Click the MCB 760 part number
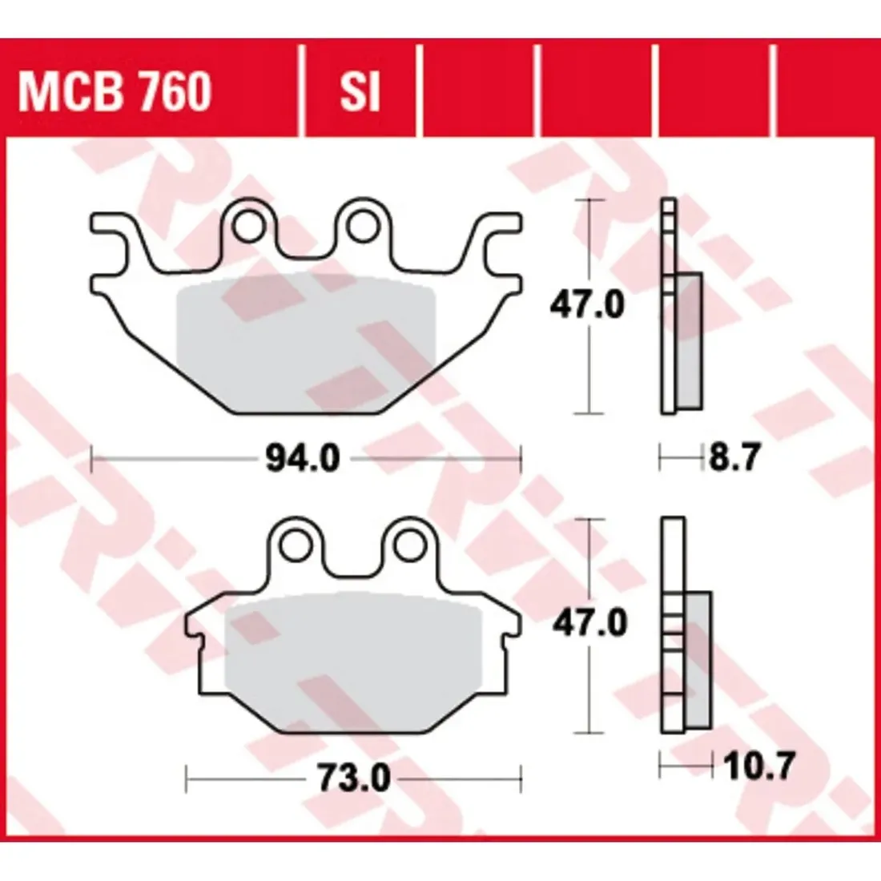(x=115, y=91)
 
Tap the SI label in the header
(x=360, y=91)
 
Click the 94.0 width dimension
(x=303, y=459)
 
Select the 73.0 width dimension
(x=354, y=779)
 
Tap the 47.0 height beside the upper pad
(x=586, y=306)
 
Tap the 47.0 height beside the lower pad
(x=589, y=624)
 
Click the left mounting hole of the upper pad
(x=249, y=226)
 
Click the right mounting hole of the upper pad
(x=362, y=226)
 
